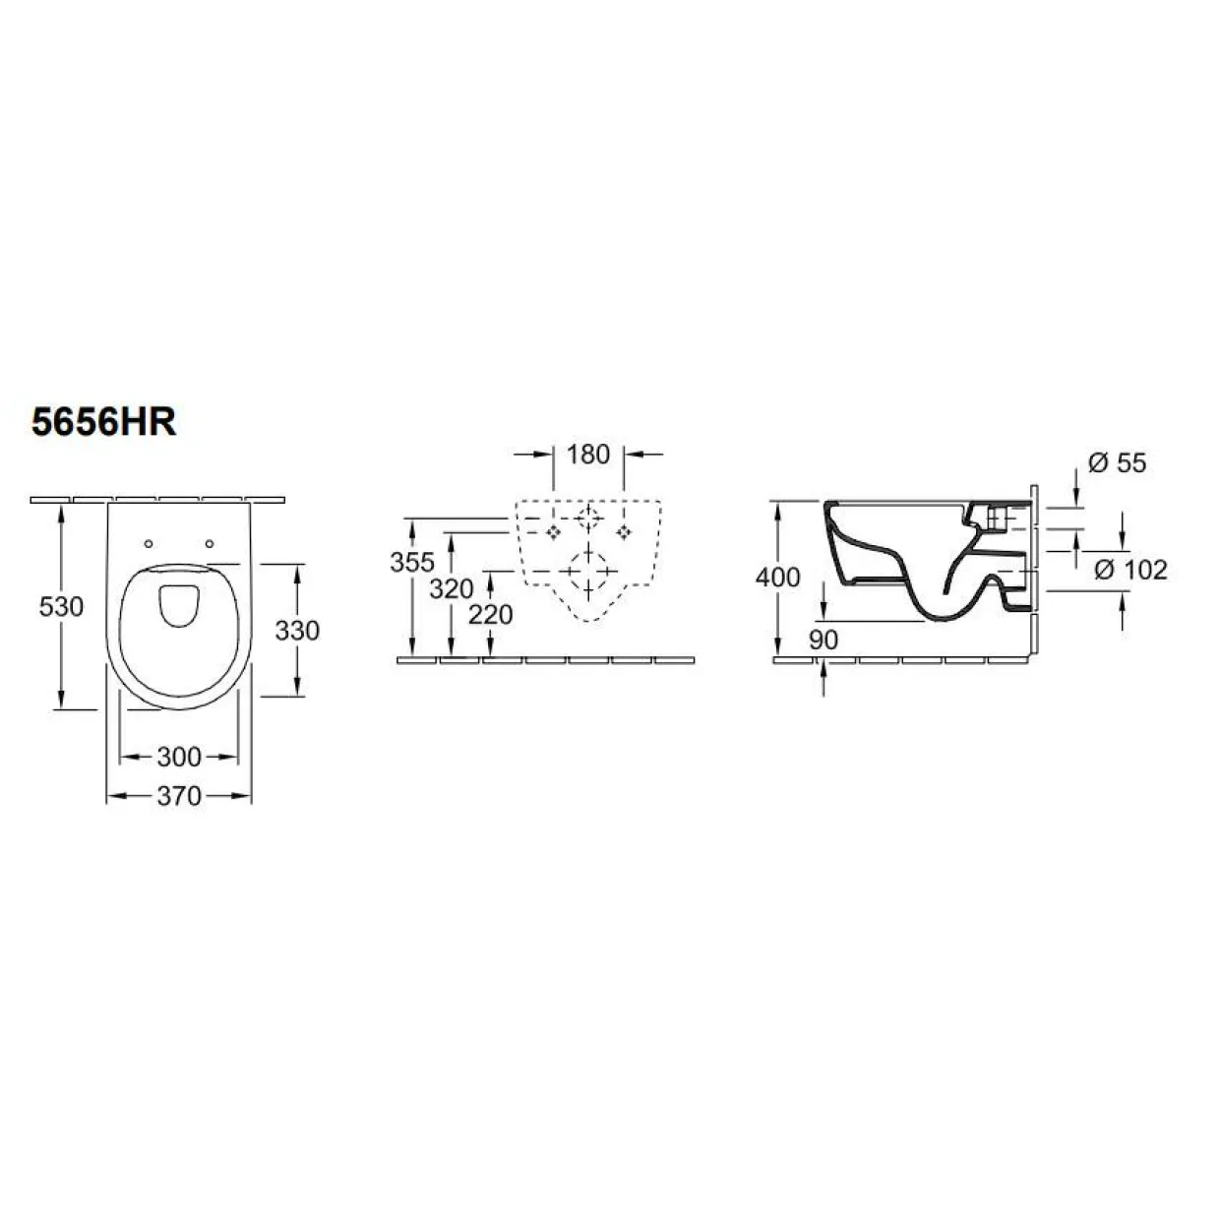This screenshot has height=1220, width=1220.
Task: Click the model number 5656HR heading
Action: pos(104,422)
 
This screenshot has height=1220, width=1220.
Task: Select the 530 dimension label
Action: pos(61,607)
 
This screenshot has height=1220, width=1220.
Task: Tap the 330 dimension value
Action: pos(297,631)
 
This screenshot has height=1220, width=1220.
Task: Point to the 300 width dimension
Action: pos(179,757)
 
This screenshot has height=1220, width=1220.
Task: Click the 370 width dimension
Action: pos(179,796)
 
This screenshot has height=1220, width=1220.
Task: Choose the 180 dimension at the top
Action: pos(588,455)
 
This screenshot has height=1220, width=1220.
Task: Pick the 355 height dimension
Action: pos(412,562)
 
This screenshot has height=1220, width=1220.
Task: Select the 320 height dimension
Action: pos(452,589)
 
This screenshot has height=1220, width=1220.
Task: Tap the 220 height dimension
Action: pos(491,615)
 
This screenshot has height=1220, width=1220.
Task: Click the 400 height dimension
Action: pos(778,578)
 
